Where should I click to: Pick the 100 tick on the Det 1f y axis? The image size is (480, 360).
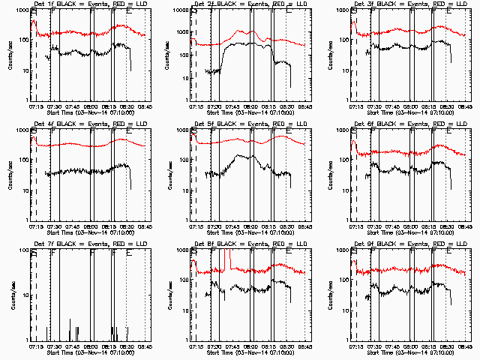click(23, 40)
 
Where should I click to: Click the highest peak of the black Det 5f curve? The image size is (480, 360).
click(238, 155)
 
